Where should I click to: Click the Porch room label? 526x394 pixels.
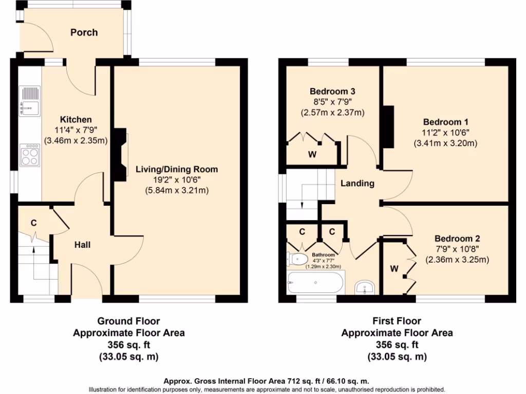tap(84, 32)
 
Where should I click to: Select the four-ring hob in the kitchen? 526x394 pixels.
tap(30, 155)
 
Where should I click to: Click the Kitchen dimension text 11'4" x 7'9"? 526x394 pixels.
tap(76, 130)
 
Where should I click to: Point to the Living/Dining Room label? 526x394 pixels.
tap(177, 169)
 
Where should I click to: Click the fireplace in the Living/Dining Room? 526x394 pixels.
tap(120, 154)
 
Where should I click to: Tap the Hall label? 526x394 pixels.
tap(82, 245)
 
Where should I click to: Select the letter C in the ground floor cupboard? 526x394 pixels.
tap(34, 223)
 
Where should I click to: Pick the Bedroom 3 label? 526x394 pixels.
tap(332, 91)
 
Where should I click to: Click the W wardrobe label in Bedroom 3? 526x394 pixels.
tap(312, 154)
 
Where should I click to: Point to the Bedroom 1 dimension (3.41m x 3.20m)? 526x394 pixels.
tap(445, 143)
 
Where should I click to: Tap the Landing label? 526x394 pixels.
tap(358, 183)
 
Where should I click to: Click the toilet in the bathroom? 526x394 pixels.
tap(298, 259)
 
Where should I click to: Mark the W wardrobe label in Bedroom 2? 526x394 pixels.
tap(394, 268)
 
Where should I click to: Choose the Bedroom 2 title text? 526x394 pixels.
tap(457, 239)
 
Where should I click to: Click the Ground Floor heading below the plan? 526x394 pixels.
tap(129, 322)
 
